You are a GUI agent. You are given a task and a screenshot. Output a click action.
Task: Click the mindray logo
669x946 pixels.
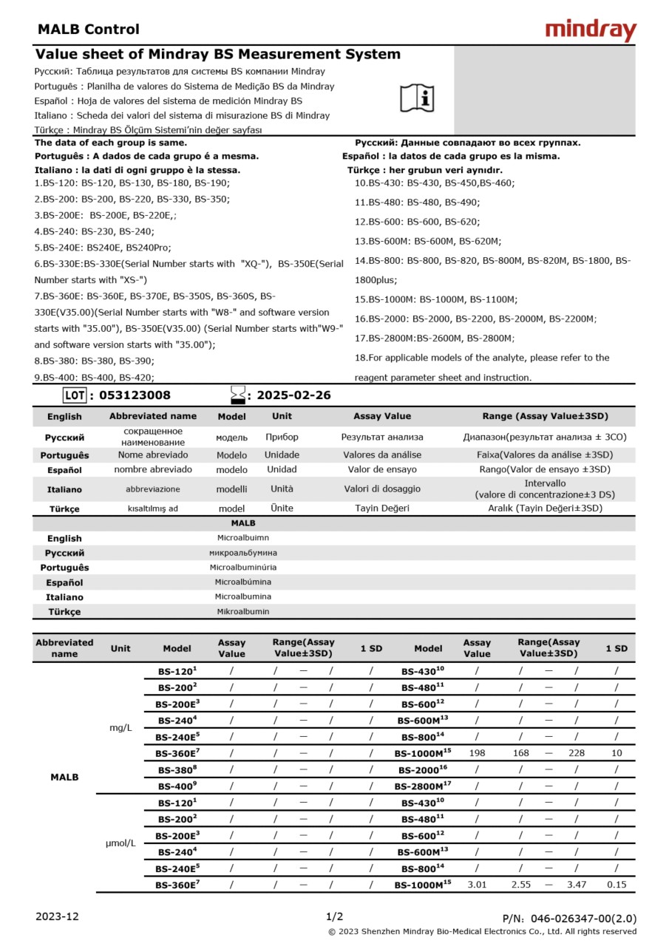pyautogui.click(x=591, y=30)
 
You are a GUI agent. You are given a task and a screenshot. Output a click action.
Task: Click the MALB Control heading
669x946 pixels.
pyautogui.click(x=88, y=30)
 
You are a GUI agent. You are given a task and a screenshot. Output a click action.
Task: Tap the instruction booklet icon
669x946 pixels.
pyautogui.click(x=418, y=98)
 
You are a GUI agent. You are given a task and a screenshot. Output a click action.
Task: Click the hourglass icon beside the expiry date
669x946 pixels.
pyautogui.click(x=237, y=395)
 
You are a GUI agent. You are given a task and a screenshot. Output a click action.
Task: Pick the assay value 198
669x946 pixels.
pyautogui.click(x=477, y=753)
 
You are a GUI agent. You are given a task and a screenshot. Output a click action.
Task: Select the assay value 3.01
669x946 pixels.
pyautogui.click(x=477, y=885)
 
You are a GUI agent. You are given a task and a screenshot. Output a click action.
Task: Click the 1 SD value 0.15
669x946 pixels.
pyautogui.click(x=617, y=885)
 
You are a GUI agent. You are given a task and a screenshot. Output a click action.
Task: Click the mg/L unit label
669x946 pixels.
pyautogui.click(x=120, y=728)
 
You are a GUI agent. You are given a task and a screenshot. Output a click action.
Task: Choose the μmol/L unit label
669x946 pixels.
pyautogui.click(x=120, y=843)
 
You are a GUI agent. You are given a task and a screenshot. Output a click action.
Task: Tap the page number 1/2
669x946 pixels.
pyautogui.click(x=334, y=916)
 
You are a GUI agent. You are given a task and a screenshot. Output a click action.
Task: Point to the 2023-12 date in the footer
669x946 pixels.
pyautogui.click(x=57, y=917)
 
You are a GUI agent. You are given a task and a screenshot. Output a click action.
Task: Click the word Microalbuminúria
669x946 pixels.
pyautogui.click(x=243, y=568)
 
